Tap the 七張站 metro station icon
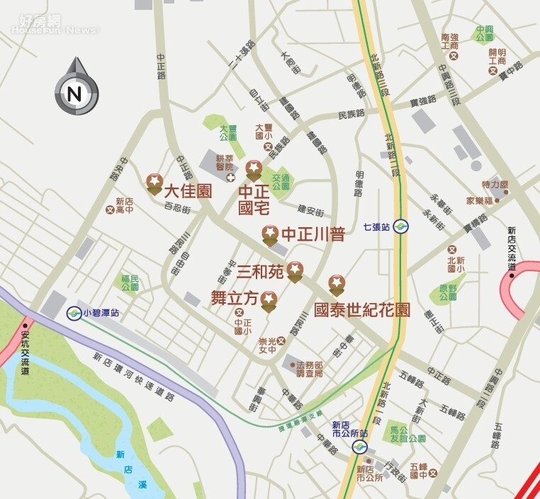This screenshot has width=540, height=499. click(401, 227)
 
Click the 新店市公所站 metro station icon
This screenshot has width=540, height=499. click(361, 447)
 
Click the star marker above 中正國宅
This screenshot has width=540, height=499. click(254, 170)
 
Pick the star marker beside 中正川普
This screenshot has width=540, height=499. click(270, 235)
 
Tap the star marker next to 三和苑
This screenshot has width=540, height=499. click(295, 271)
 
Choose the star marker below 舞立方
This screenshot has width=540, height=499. click(268, 303)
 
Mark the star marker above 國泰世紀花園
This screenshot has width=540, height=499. click(337, 285)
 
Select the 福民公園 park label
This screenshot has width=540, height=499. click(130, 284)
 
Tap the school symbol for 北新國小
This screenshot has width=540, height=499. click(451, 249)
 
